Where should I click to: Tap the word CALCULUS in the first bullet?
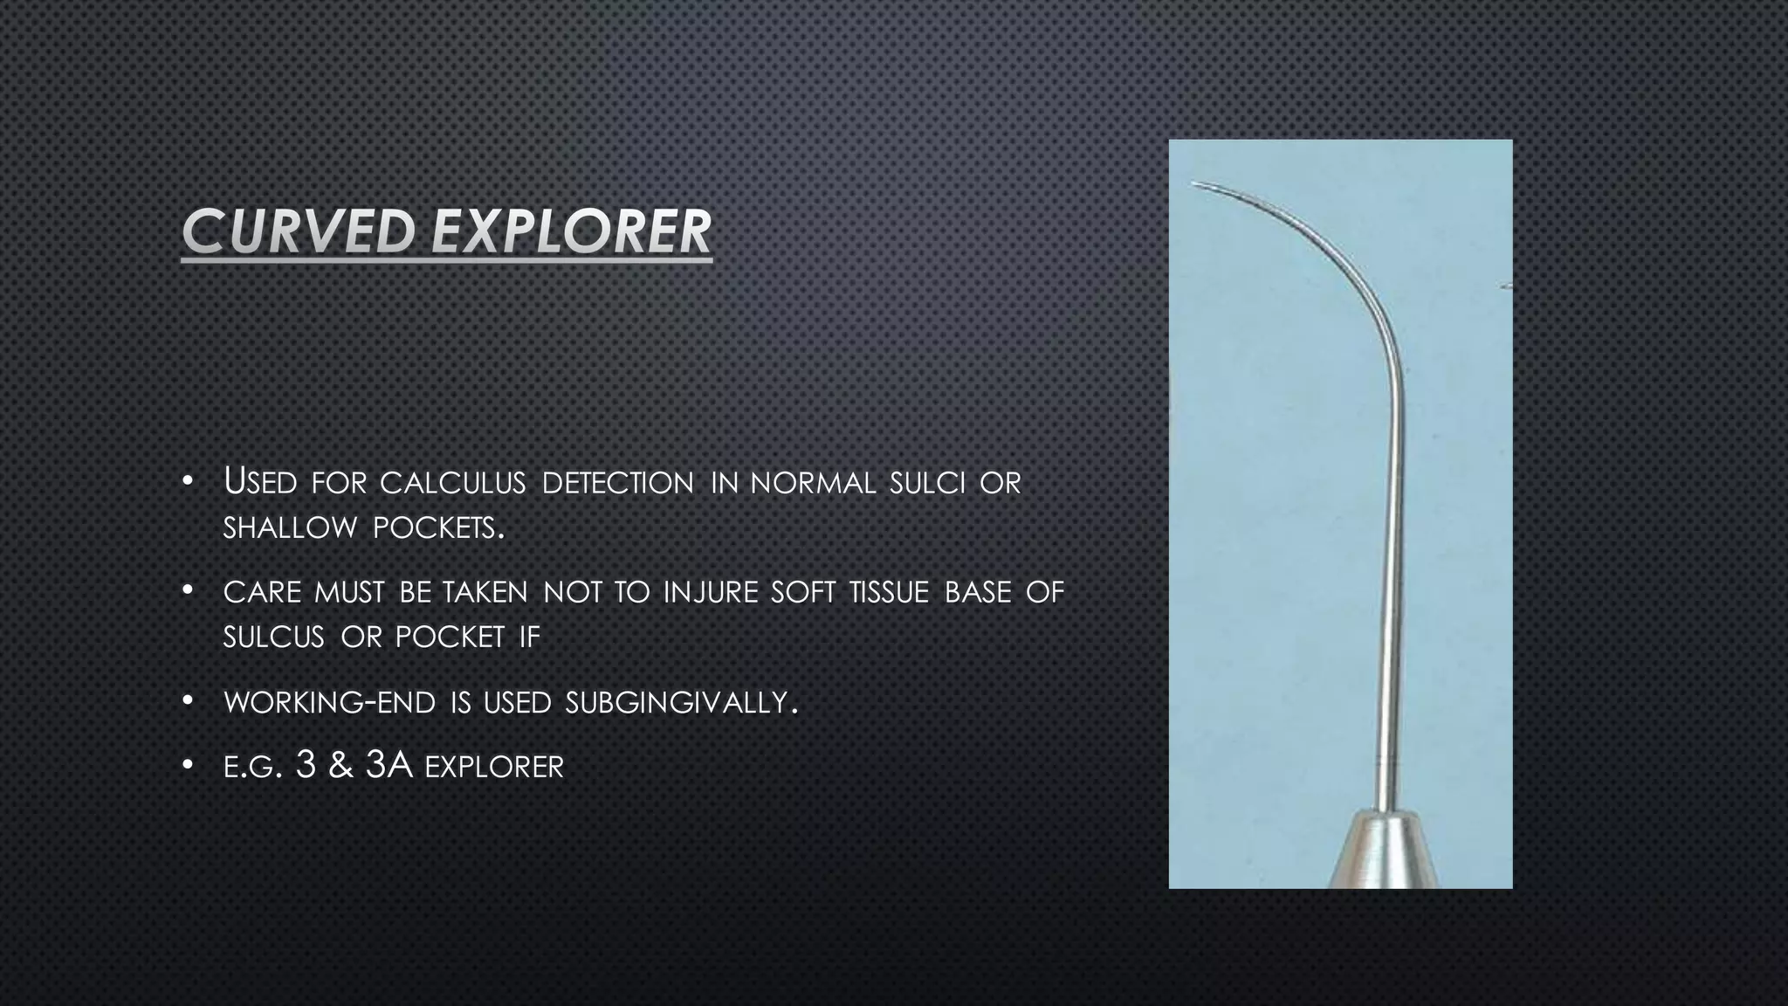(452, 483)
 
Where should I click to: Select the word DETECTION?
(618, 483)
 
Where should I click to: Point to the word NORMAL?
(813, 483)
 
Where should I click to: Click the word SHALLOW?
(290, 528)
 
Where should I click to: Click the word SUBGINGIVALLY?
(680, 702)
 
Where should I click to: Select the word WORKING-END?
(329, 702)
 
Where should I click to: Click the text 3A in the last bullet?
(389, 765)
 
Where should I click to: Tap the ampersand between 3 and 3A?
(340, 766)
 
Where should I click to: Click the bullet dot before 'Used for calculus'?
(188, 482)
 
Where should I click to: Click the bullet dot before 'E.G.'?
(188, 766)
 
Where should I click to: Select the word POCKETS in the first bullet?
(434, 528)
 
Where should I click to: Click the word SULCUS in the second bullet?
(273, 637)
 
